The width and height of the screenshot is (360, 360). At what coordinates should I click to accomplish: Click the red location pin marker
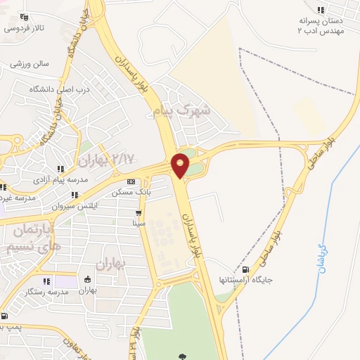point(181,165)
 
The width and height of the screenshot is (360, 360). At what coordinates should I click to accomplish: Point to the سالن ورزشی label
point(30,63)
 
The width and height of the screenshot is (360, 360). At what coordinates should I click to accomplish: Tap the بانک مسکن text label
point(131,191)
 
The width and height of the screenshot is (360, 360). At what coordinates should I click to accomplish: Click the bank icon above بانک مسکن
point(131,181)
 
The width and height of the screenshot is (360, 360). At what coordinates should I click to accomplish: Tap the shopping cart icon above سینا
point(139,213)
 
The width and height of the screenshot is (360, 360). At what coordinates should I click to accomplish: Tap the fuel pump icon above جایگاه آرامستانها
point(245,269)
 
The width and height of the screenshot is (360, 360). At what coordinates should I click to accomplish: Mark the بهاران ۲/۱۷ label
point(105,160)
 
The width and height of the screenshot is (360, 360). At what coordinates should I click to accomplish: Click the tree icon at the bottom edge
point(184,356)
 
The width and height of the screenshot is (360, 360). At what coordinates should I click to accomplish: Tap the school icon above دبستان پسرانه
point(321,10)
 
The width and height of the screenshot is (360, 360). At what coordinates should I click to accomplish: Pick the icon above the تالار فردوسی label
point(25,17)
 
